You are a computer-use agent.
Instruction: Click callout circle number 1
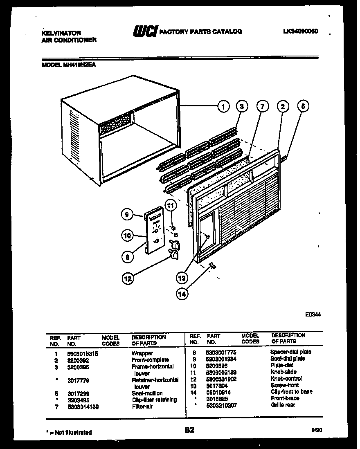tap(223, 107)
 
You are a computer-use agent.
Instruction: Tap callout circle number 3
tap(242, 107)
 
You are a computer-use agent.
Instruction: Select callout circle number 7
tap(262, 107)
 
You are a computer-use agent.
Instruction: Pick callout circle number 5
tap(303, 107)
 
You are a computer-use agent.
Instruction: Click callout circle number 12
tap(128, 279)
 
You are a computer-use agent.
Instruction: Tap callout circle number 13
tap(181, 278)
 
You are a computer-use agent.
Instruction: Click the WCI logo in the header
tap(144, 31)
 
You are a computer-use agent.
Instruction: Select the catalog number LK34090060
tap(300, 31)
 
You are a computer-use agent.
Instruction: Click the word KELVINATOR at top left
tap(61, 33)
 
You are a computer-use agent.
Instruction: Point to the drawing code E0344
tap(313, 314)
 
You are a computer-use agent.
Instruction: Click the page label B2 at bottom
tap(189, 430)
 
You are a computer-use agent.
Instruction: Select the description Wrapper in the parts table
tap(142, 353)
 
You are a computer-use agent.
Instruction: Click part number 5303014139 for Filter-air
tap(83, 407)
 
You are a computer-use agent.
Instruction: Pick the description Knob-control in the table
tap(286, 379)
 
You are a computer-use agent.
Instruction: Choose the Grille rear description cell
tap(282, 405)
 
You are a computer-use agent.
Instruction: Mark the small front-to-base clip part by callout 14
tap(213, 266)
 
